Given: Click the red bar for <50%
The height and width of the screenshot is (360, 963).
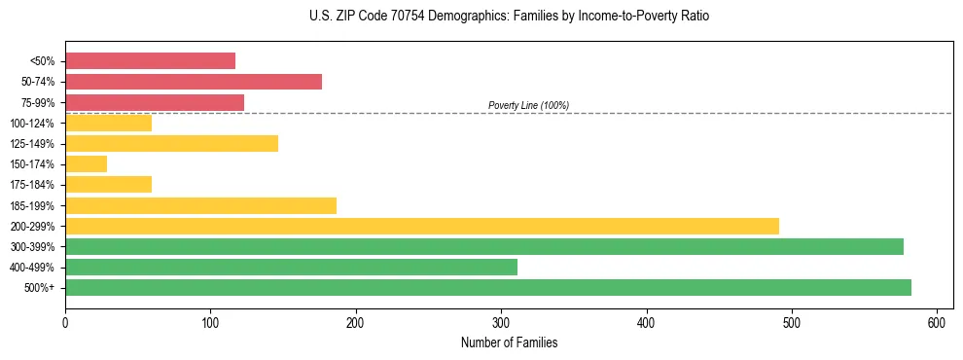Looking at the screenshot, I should tap(150, 60).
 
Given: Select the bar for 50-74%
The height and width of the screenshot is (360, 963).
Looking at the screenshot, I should tap(194, 82).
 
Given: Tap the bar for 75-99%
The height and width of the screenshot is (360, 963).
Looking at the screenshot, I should tap(155, 102).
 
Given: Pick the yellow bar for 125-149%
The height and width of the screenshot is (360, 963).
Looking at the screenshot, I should tap(171, 144).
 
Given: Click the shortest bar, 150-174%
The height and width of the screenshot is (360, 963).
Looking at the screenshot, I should tap(86, 164).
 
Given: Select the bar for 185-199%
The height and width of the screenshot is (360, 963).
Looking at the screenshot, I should tap(200, 205).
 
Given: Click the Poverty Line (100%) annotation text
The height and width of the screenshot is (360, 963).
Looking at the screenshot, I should tap(528, 105).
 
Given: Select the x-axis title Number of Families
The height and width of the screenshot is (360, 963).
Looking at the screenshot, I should tap(509, 342).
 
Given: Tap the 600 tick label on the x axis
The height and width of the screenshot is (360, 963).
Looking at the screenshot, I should tap(937, 322).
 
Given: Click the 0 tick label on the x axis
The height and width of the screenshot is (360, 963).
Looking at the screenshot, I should tap(65, 322).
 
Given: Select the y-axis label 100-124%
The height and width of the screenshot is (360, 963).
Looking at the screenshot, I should tap(32, 124).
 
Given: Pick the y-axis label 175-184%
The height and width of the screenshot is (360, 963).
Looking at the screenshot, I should tap(32, 185).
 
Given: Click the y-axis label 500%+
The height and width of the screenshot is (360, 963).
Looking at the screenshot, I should tap(40, 288).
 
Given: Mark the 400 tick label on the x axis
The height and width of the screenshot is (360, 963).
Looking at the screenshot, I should tap(646, 322).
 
